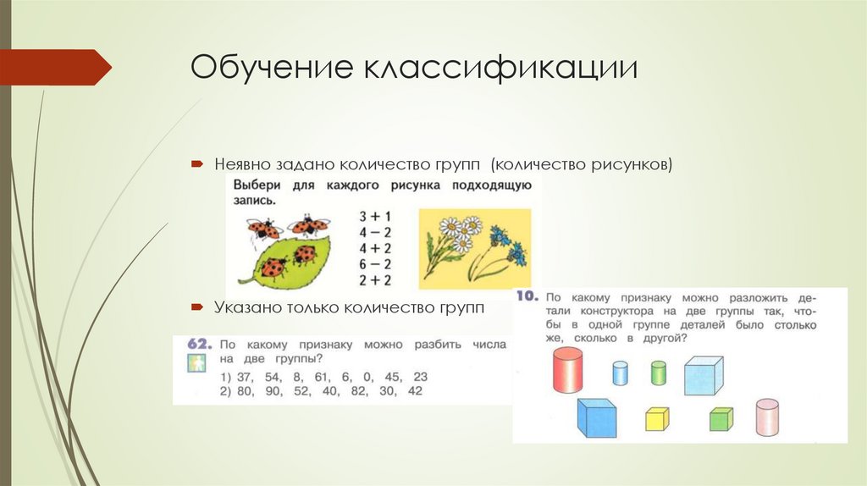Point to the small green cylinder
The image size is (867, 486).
[659, 373]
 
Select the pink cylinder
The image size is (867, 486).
[767, 417]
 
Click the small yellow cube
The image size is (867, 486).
[657, 418]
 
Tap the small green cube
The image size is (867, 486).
[721, 418]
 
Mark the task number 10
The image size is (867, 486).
[527, 297]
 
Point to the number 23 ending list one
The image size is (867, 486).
[419, 376]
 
